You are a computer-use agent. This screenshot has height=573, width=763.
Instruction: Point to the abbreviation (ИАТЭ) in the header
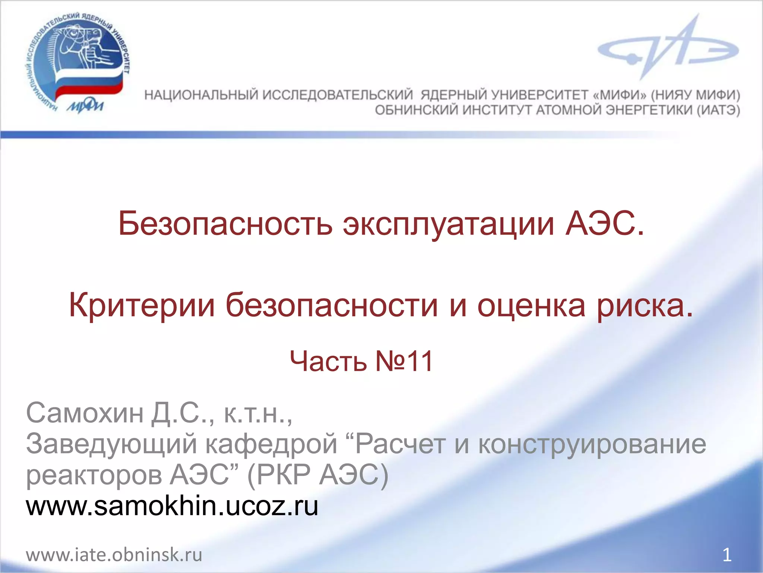[x=718, y=110]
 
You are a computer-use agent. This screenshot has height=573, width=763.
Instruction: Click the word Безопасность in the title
[x=225, y=224]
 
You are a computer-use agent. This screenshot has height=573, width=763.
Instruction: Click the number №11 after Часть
[x=405, y=361]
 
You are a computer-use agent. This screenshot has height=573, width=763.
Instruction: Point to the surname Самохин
[x=85, y=413]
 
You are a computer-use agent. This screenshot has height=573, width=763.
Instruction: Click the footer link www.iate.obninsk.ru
[x=114, y=555]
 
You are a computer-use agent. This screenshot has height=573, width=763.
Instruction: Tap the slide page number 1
[x=727, y=555]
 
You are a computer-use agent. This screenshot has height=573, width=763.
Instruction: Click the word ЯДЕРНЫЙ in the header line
[x=453, y=95]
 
